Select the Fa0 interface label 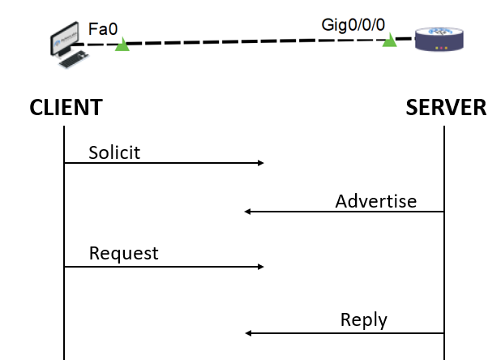[103, 29]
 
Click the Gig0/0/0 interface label [353, 24]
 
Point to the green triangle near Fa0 [122, 45]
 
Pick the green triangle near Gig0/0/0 [390, 40]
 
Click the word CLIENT [66, 106]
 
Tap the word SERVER [446, 106]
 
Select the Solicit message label [114, 152]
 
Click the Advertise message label [376, 201]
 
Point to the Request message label [123, 253]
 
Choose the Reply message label [364, 319]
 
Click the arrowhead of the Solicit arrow [260, 163]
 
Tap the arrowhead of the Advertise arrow [248, 212]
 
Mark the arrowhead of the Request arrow [260, 266]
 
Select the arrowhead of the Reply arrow [248, 333]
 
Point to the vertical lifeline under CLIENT [64, 219]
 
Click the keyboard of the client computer [75, 59]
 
